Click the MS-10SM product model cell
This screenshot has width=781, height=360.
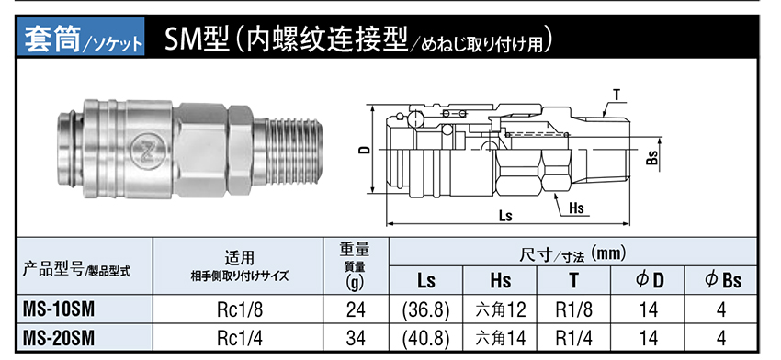coord(58,309)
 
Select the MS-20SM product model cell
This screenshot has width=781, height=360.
coord(59,339)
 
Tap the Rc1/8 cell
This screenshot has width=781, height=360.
coord(239,310)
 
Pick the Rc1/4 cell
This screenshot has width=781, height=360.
coord(239,339)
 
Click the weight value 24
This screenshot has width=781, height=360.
coord(356,310)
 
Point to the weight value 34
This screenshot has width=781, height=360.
coord(356,339)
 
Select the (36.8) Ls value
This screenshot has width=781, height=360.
coord(425,310)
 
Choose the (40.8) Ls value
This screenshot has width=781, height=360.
coord(425,339)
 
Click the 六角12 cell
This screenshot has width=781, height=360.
coord(500,310)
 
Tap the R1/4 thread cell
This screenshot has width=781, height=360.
coord(574,339)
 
